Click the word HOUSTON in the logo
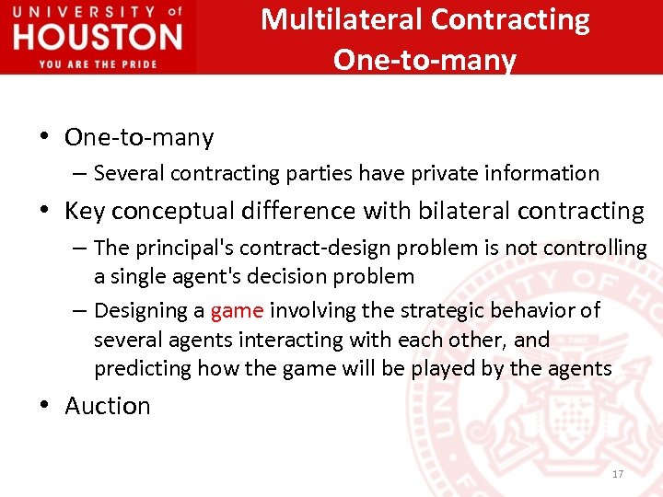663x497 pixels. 98,37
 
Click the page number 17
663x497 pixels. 617,474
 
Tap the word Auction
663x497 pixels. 107,406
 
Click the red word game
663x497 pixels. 237,310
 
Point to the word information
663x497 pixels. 547,173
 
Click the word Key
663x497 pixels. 85,211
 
